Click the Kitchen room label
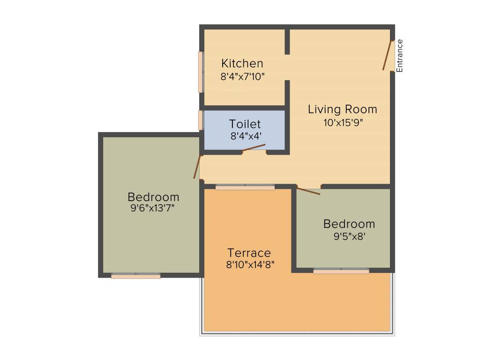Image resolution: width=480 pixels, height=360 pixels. click(x=242, y=63)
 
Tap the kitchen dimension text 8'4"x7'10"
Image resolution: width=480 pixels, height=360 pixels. click(x=243, y=76)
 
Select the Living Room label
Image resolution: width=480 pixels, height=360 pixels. click(x=342, y=109)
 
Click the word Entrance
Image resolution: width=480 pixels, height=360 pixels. click(x=400, y=56)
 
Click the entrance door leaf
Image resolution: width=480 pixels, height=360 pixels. click(x=387, y=56)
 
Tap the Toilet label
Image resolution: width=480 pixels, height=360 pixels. click(x=245, y=124)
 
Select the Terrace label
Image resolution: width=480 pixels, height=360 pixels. click(x=249, y=253)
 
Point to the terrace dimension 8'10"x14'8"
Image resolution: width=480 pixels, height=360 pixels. click(x=250, y=264)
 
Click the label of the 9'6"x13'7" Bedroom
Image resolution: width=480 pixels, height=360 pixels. click(x=153, y=197)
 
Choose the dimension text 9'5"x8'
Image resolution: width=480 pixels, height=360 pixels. click(x=349, y=237)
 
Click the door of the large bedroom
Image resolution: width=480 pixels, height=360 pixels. click(x=197, y=167)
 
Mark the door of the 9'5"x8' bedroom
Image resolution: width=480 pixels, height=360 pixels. click(x=308, y=191)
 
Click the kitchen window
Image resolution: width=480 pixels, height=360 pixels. click(x=201, y=72)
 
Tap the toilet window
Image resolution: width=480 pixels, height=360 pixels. click(x=201, y=120)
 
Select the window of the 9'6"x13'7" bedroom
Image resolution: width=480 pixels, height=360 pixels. click(x=136, y=276)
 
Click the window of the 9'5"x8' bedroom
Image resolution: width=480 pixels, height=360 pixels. click(x=341, y=271)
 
